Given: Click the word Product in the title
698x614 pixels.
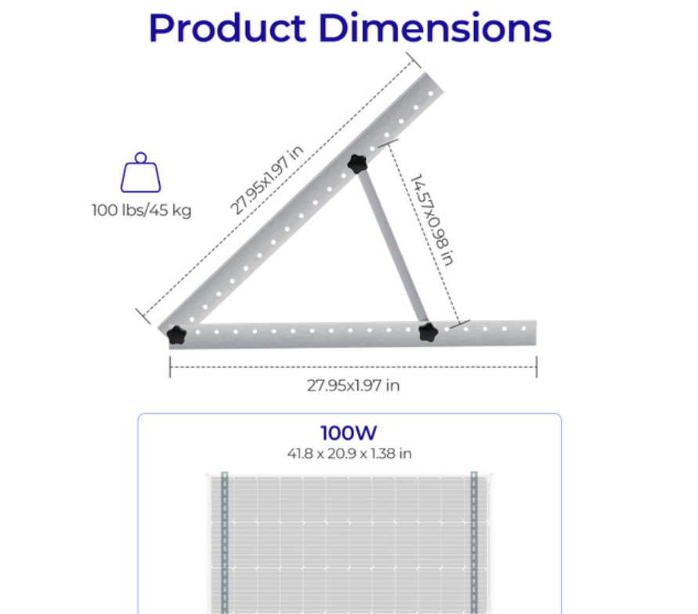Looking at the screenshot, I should [226, 28].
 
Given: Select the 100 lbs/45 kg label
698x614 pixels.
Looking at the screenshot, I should [141, 210].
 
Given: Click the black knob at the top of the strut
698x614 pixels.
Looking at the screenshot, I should [359, 164].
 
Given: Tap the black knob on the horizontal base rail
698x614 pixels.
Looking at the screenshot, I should [427, 332].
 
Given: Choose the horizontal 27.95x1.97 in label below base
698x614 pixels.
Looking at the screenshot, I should [353, 385].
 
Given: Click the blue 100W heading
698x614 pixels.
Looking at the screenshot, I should [349, 434].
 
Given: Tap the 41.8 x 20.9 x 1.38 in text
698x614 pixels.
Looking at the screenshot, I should [349, 453].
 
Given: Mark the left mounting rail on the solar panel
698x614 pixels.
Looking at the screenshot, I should [224, 541].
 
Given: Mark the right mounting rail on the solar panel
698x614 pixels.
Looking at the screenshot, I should [473, 541].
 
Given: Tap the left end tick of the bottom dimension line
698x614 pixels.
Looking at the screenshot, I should [170, 366].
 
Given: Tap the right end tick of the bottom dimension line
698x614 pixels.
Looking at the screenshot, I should [537, 366].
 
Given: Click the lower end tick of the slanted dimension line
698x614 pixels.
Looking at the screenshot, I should [142, 315].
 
